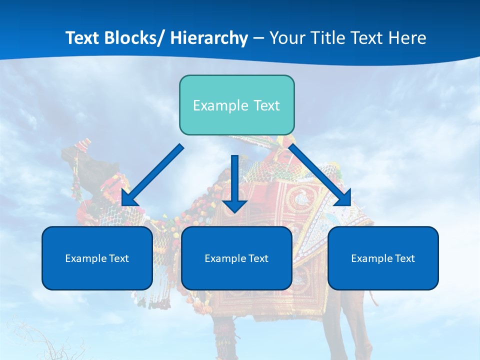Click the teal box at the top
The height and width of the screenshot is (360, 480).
coord(236,105)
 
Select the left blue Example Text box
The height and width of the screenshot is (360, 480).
coord(97,258)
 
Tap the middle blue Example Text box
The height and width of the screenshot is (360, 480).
coord(236,258)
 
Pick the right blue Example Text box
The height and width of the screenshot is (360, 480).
coord(383,258)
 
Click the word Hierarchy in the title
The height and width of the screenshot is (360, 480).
coord(209,38)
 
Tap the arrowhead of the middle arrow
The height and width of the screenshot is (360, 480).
coord(235,205)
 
